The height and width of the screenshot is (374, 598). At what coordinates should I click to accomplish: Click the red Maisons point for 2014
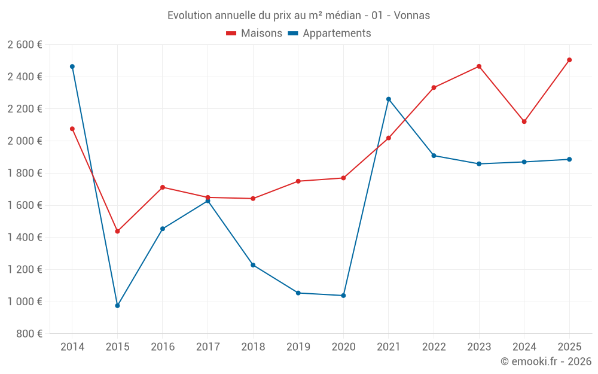click(72, 129)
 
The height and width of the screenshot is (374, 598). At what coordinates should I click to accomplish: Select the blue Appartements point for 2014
click(72, 66)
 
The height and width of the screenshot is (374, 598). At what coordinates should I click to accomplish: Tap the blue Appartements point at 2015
click(117, 306)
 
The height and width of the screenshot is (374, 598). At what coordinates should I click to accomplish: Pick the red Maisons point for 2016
click(163, 187)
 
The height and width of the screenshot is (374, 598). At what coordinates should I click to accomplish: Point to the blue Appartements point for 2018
click(253, 265)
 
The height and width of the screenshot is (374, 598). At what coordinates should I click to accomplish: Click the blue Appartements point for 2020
click(343, 296)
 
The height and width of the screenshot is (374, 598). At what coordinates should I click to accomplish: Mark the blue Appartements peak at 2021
click(389, 99)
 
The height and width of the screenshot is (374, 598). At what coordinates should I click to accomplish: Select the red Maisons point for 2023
click(479, 66)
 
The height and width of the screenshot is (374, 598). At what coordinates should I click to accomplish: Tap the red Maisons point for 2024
click(524, 121)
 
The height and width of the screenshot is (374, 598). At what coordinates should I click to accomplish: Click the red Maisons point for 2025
click(569, 60)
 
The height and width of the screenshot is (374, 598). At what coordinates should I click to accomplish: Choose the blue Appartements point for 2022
click(434, 156)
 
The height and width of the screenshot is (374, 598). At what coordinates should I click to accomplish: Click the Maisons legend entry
click(254, 34)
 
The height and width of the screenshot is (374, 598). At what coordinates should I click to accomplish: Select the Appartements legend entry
click(329, 34)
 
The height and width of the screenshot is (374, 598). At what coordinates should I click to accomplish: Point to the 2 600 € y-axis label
click(25, 45)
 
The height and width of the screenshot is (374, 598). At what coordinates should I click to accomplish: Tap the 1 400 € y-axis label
click(25, 238)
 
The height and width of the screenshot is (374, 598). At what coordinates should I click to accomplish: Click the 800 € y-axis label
click(28, 334)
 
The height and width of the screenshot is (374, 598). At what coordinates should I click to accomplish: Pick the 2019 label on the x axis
click(298, 346)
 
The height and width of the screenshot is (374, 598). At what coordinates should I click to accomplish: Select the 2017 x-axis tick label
click(208, 346)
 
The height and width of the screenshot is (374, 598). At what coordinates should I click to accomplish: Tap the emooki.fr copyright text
click(546, 361)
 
